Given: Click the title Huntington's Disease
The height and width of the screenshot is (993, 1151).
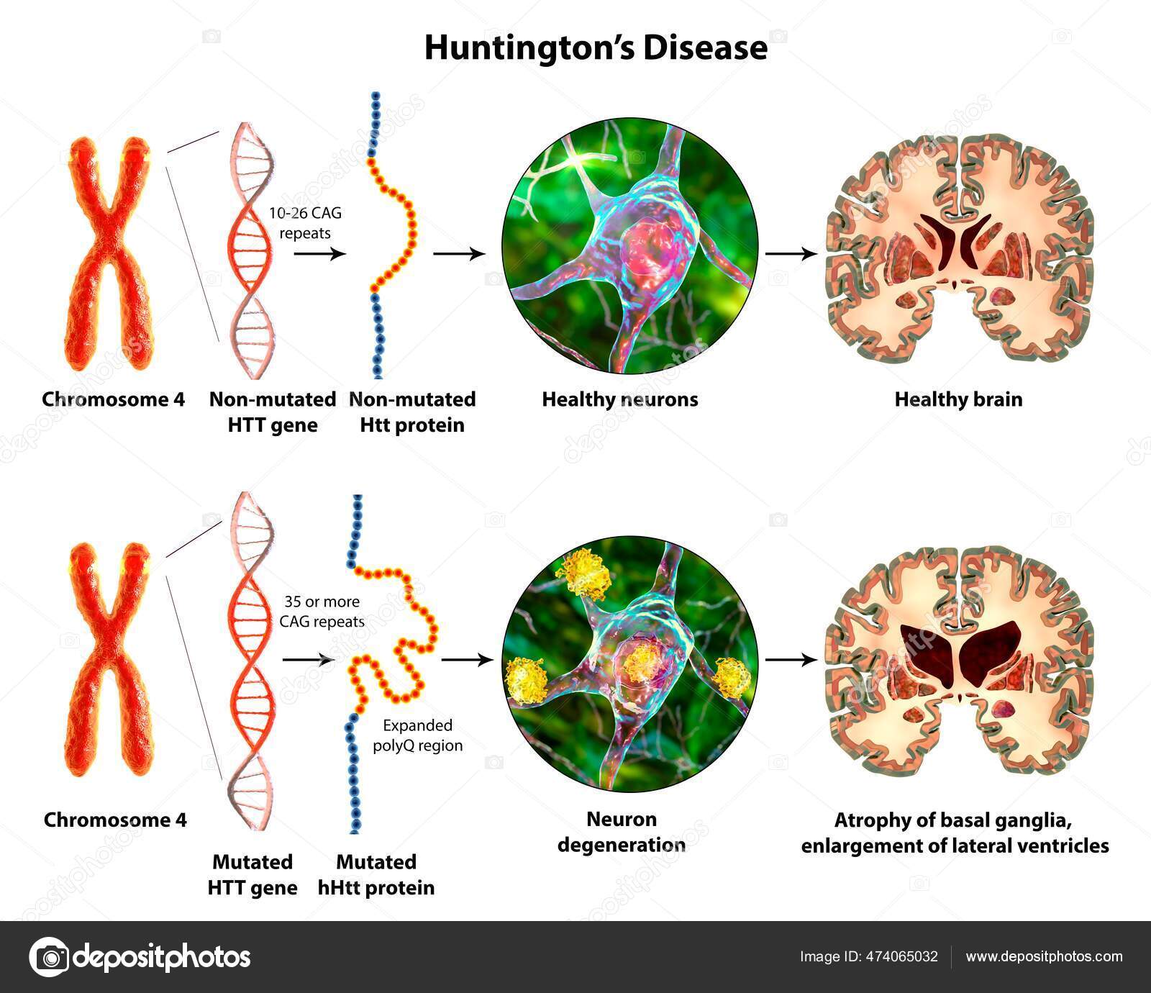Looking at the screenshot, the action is (596, 47).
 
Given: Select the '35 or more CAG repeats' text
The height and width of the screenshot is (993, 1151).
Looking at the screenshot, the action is (322, 611).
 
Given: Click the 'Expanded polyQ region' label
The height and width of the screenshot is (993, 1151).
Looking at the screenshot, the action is (417, 735).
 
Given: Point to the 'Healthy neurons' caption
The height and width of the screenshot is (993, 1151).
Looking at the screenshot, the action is (619, 399).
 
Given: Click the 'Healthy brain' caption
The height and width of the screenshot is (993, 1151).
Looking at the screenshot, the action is (958, 399).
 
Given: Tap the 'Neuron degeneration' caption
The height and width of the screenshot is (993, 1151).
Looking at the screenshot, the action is (622, 831).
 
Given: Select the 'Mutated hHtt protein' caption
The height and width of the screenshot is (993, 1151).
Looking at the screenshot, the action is (376, 874).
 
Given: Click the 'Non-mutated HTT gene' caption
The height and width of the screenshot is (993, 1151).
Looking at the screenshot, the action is (273, 412).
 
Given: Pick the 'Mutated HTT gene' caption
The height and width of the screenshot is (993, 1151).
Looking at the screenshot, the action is (253, 874).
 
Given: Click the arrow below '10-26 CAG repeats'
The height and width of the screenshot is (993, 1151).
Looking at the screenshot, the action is (319, 253).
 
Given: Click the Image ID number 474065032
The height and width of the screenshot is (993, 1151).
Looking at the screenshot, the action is (900, 956).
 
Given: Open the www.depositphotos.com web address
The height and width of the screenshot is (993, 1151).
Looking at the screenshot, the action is (1044, 956).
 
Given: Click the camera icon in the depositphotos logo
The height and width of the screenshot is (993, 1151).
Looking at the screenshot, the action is (49, 957).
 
